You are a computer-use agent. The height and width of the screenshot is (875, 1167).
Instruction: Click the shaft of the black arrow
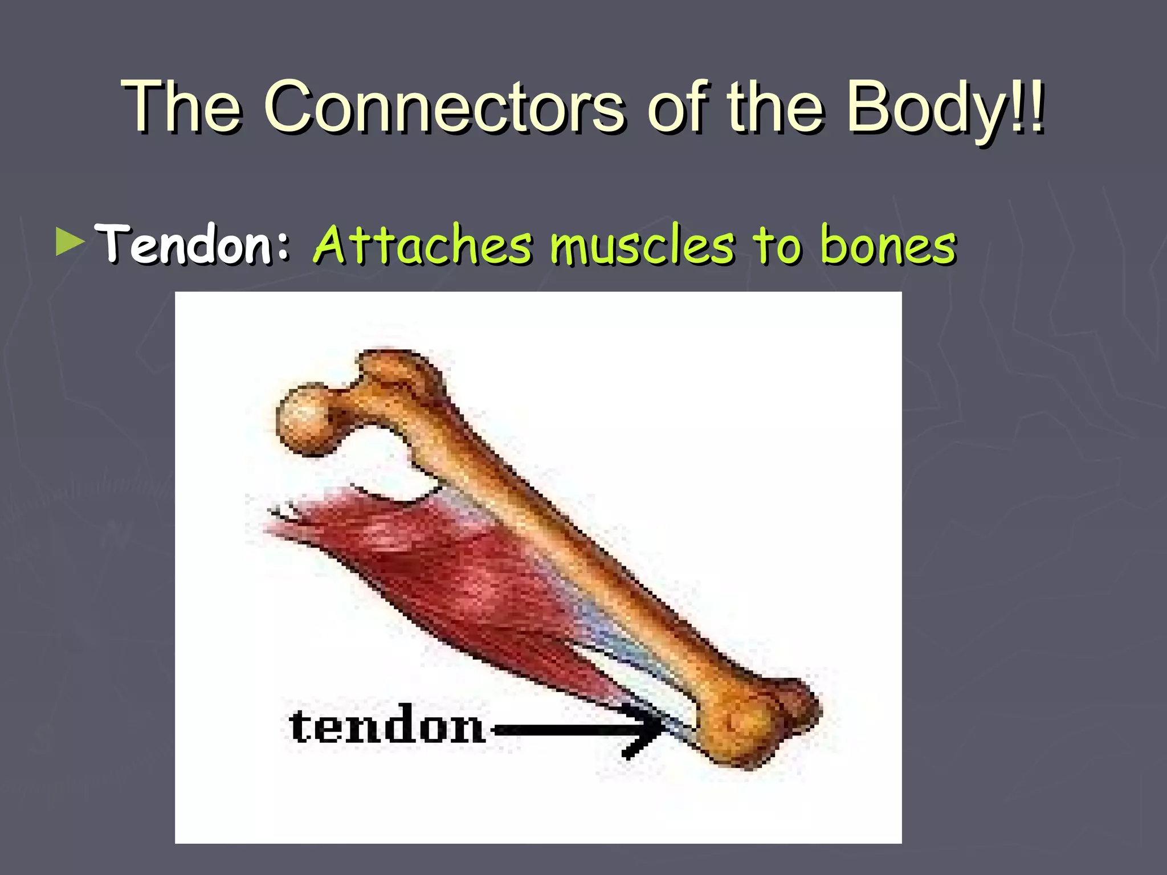[558, 729]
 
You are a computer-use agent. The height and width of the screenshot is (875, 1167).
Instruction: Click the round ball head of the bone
[305, 420]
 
